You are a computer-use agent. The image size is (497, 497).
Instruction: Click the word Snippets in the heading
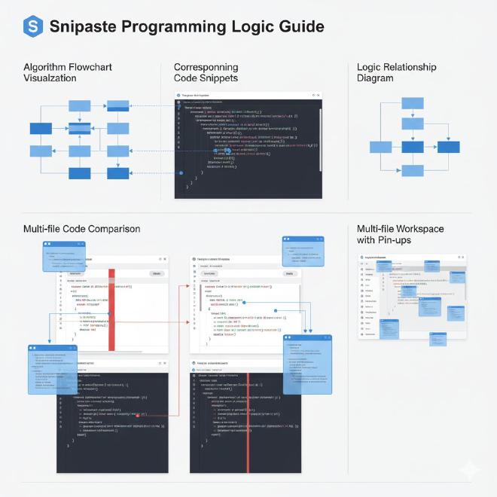coord(217,78)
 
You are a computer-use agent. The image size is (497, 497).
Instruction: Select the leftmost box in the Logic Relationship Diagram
coord(381,148)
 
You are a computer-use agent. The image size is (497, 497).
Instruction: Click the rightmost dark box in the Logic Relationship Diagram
coord(448,148)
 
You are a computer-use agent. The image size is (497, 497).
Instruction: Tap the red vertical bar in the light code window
coord(111,309)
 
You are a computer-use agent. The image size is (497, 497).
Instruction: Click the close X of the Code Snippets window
coord(318,96)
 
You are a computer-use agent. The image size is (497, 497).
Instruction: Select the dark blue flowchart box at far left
coord(39,173)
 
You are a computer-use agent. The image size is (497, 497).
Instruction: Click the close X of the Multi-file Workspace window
coord(462,258)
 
